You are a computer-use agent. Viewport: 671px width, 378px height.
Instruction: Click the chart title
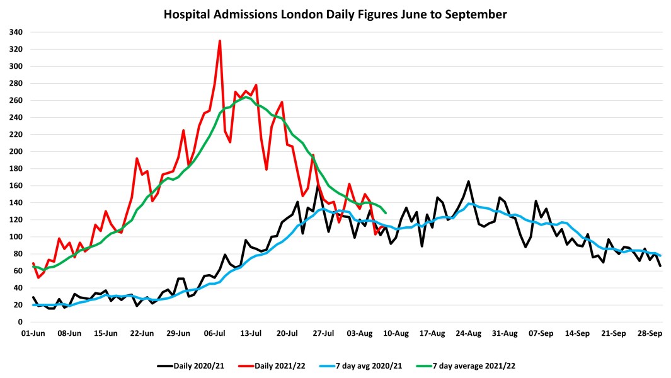[x=335, y=13]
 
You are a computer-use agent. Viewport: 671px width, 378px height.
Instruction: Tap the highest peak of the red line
[x=220, y=41]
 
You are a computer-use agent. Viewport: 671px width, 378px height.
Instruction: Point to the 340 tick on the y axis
[x=16, y=32]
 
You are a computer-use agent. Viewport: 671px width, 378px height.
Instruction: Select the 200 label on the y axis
[x=16, y=151]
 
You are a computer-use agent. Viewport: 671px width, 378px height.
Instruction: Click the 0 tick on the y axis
[x=20, y=321]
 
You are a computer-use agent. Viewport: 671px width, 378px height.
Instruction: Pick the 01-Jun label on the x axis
[x=33, y=333]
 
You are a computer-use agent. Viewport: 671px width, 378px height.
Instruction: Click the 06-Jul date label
[x=215, y=333]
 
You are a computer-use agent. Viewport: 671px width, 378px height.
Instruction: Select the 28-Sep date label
[x=650, y=333]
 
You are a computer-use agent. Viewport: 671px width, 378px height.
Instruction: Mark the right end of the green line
[x=386, y=212]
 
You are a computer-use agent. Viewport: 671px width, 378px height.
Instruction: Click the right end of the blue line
[x=660, y=255]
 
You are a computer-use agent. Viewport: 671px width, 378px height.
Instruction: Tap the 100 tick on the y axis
[x=16, y=236]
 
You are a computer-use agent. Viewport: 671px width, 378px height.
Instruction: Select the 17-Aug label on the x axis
[x=433, y=333]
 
